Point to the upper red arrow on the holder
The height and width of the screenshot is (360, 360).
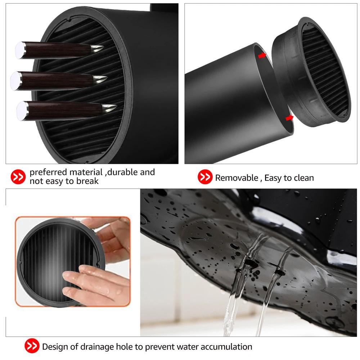pos(262,55)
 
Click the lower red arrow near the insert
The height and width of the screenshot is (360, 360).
pos(288,118)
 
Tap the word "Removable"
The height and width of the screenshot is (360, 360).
pos(237,177)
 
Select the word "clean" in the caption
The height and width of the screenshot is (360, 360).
pos(303,177)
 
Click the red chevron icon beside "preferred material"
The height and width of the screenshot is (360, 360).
pos(18,176)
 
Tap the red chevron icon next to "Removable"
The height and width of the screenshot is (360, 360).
pos(205,177)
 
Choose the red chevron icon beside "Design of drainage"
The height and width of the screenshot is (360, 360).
pos(32,347)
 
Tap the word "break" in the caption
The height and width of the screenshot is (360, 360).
pos(87,181)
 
